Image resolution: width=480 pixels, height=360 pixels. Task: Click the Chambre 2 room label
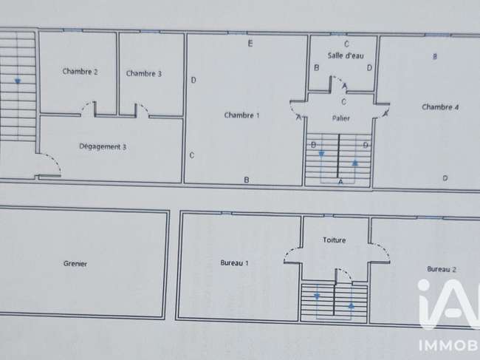coord(80,72)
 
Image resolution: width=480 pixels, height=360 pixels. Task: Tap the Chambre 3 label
coord(144,73)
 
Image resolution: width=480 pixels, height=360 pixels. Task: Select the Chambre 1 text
coord(241,115)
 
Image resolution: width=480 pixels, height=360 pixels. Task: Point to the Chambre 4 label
coord(440,107)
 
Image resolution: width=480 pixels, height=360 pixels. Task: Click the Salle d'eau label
coord(346,55)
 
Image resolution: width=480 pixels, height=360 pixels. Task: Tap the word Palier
coord(340,118)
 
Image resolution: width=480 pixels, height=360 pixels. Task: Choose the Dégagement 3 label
coord(103,147)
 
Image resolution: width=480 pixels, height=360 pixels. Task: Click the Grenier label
coord(75,263)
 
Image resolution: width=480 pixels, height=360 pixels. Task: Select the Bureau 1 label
coord(235,263)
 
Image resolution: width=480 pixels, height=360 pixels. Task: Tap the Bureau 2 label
coord(442,269)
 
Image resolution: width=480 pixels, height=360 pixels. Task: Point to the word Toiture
coord(335,240)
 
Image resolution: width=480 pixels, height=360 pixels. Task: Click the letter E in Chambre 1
coord(250,44)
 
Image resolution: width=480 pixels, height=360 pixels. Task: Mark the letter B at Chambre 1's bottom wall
coord(247,180)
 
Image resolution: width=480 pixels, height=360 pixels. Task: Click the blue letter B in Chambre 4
coord(435,56)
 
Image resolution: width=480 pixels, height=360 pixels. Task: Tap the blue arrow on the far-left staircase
coord(18,81)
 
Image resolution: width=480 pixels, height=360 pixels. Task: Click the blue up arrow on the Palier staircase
coord(354,163)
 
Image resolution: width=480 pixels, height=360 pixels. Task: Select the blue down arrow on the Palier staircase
coord(321,154)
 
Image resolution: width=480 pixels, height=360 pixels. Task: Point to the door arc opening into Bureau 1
coord(291,252)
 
